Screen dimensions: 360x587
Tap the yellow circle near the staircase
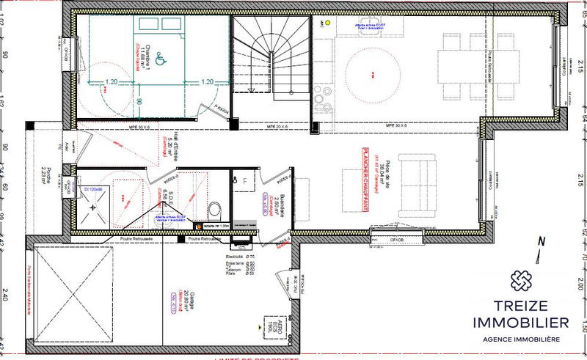328,23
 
